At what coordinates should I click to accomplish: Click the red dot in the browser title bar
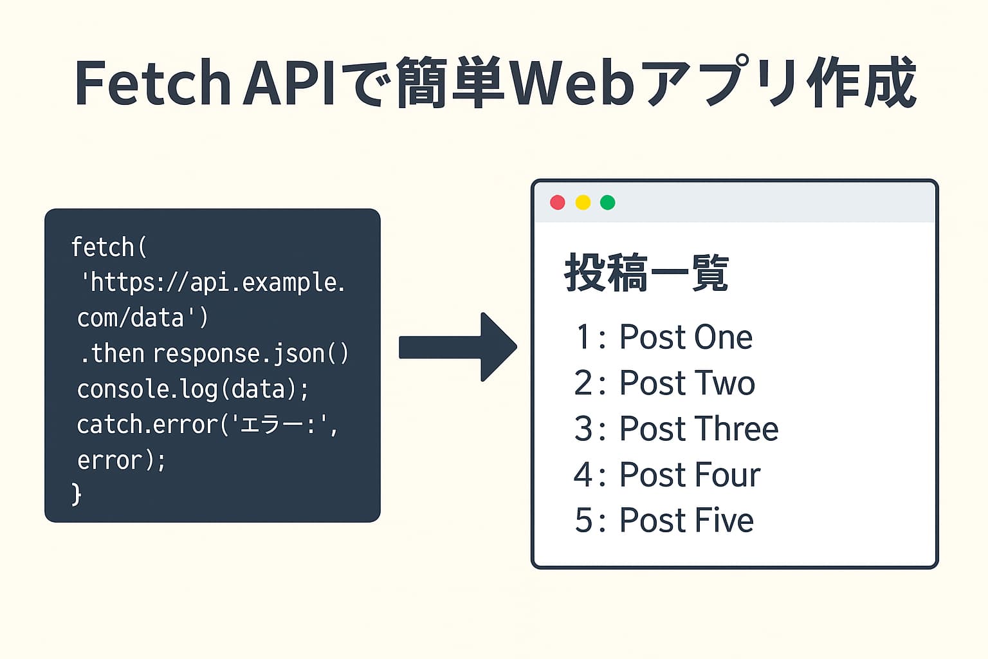click(x=558, y=203)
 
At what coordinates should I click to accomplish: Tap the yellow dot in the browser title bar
click(x=583, y=203)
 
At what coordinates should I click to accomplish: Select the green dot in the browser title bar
click(x=608, y=203)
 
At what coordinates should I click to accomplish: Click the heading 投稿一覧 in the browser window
click(x=646, y=274)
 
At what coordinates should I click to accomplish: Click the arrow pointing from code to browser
click(x=458, y=347)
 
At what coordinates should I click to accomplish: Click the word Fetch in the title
click(x=152, y=84)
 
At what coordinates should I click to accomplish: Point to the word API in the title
click(x=289, y=84)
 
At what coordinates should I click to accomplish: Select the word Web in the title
click(x=572, y=84)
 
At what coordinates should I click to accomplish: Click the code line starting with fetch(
click(x=109, y=247)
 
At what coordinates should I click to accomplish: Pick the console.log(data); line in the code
click(x=192, y=389)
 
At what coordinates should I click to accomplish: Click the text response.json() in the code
click(x=251, y=354)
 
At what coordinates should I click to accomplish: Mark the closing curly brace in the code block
click(x=77, y=494)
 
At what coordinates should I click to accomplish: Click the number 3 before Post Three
click(x=583, y=429)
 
